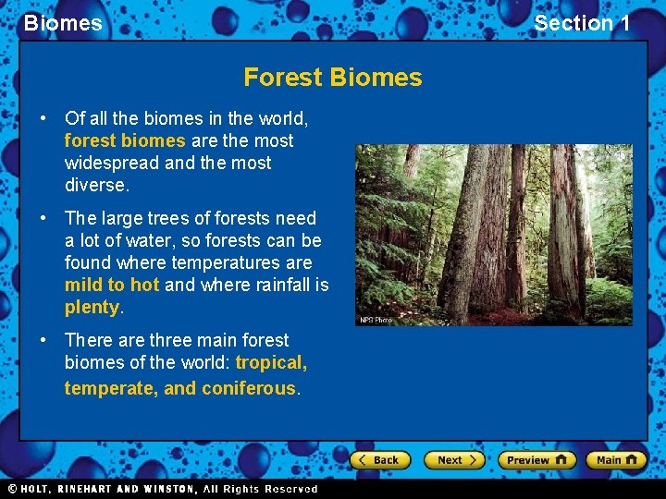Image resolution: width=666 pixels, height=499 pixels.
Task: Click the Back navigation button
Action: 379,460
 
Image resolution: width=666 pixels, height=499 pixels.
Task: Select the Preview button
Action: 536,460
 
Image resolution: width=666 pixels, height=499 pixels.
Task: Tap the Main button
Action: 616,460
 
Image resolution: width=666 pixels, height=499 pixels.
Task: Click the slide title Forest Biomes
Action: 332,78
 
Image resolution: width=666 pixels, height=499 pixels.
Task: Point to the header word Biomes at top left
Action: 63,23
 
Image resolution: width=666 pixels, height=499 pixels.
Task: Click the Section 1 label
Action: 582,23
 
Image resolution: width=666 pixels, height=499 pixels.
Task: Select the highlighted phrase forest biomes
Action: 125,140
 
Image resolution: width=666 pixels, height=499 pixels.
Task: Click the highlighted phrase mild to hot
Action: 112,285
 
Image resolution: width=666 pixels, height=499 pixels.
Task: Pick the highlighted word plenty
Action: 92,307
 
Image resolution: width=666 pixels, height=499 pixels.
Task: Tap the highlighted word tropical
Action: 271,362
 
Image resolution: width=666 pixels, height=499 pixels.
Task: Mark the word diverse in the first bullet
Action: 94,185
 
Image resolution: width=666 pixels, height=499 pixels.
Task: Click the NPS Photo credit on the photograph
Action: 376,320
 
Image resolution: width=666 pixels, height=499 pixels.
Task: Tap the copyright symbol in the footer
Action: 12,489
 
